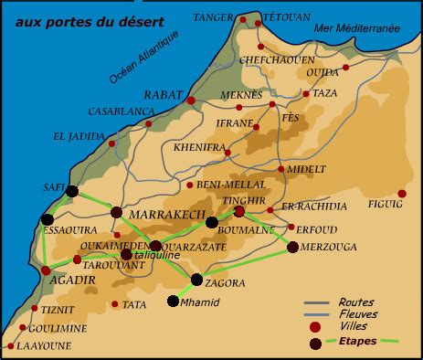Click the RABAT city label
[x=164, y=94]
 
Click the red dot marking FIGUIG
[x=402, y=194]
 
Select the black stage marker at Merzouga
[x=292, y=247]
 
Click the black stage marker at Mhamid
[x=173, y=301]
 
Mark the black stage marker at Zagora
[x=196, y=280]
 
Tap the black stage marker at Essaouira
[x=47, y=219]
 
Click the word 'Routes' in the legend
[x=355, y=302]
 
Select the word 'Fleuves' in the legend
[x=357, y=314]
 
